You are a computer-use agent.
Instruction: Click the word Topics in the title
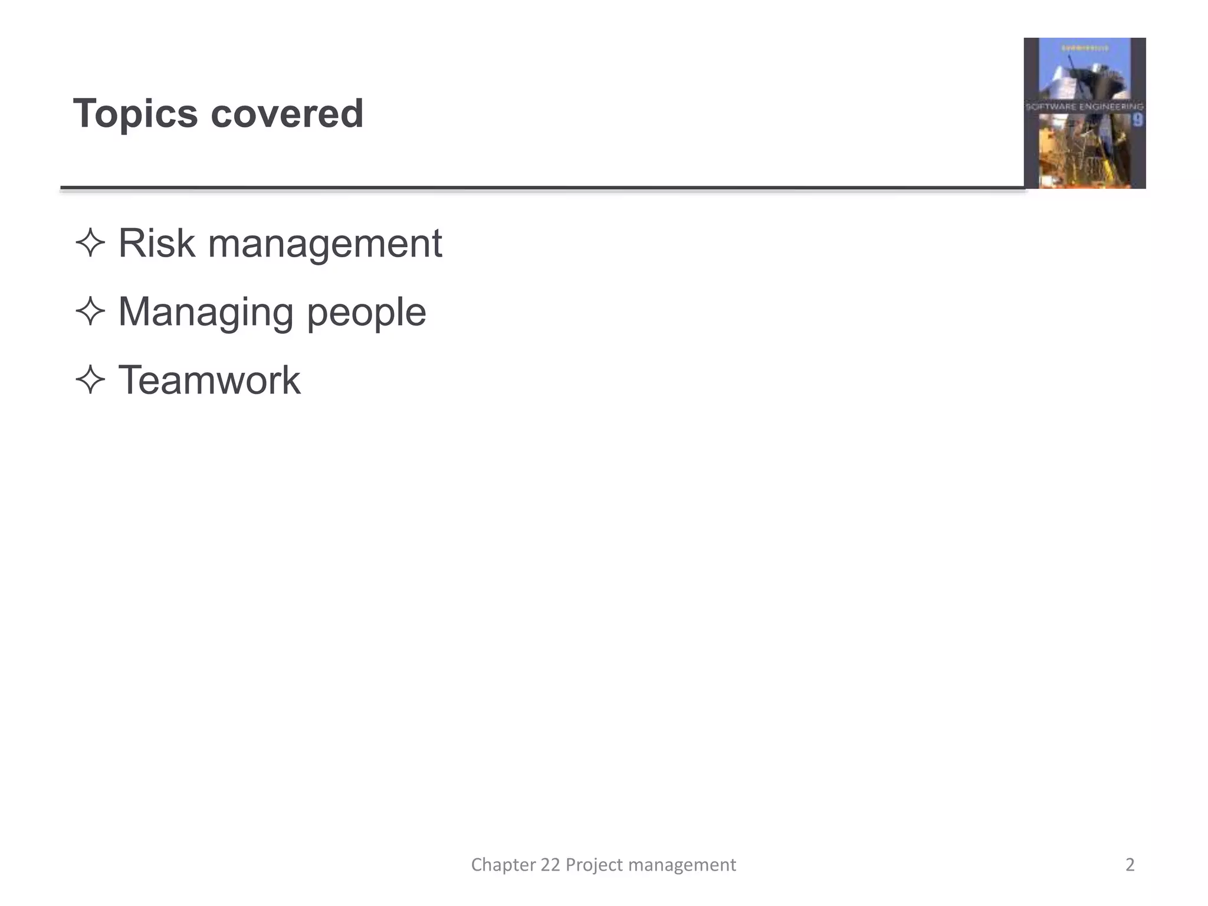[135, 114]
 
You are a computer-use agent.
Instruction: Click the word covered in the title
[287, 114]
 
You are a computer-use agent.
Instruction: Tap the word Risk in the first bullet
[156, 243]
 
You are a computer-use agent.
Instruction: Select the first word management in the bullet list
[325, 244]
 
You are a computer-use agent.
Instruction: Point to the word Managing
[206, 313]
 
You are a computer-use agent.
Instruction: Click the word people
[366, 313]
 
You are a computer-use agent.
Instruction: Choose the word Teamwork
[209, 380]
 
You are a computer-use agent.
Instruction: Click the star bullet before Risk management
[90, 243]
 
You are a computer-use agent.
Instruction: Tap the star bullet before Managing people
[90, 311]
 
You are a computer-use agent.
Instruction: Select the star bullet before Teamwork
[90, 379]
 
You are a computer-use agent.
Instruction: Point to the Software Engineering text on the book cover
[1084, 107]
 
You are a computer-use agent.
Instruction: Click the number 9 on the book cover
[1137, 120]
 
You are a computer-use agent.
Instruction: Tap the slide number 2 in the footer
[1130, 865]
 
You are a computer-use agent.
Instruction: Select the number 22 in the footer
[550, 865]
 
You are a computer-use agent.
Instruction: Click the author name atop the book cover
[1085, 48]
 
